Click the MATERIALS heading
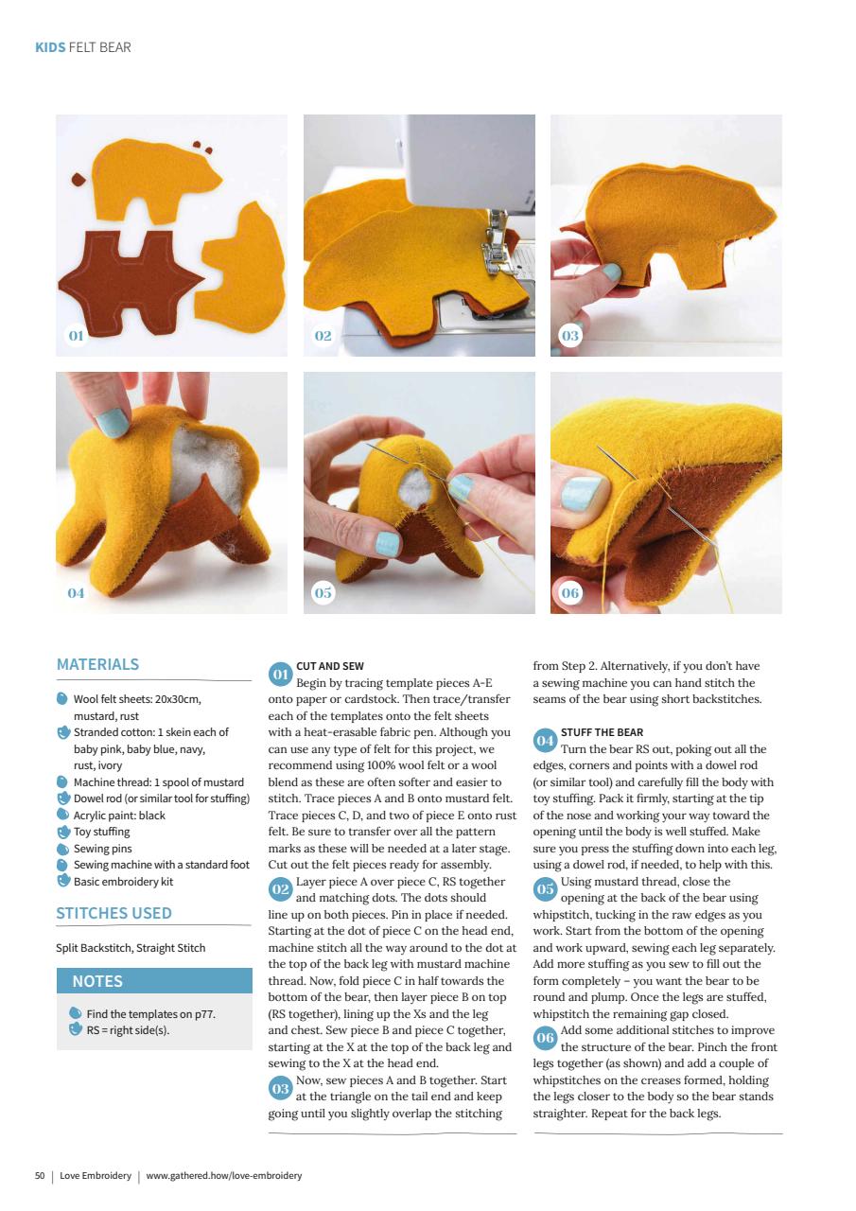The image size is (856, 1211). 97,664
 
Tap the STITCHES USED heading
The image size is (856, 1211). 114,914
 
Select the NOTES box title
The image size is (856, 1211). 97,981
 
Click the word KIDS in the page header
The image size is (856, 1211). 50,47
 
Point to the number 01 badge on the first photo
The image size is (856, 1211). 76,336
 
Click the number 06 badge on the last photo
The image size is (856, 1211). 570,593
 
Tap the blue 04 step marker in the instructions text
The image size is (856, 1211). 545,740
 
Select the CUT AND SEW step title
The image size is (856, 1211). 330,666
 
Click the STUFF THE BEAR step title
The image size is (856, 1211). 602,732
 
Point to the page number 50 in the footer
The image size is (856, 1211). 40,1175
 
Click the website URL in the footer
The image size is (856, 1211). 224,1175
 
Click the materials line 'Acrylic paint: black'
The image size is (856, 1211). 119,816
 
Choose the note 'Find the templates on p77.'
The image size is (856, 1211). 150,1014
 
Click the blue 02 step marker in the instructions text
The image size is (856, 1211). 280,889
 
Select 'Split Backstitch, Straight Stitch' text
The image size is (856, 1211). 131,948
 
